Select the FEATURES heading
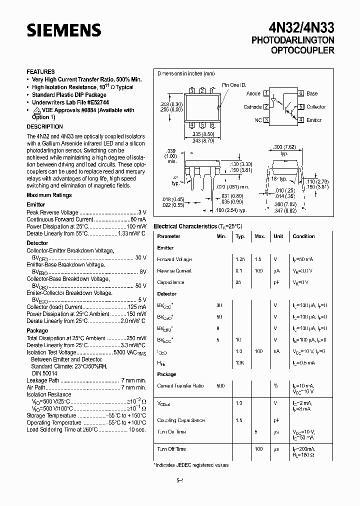40,72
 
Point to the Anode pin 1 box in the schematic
266,93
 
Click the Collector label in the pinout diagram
316,107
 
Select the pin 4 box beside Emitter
301,120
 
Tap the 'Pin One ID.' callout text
234,85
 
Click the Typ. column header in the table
240,236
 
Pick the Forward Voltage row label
174,259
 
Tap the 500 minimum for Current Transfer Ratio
220,385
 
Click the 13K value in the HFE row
239,362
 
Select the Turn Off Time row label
171,449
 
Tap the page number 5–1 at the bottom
180,481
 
